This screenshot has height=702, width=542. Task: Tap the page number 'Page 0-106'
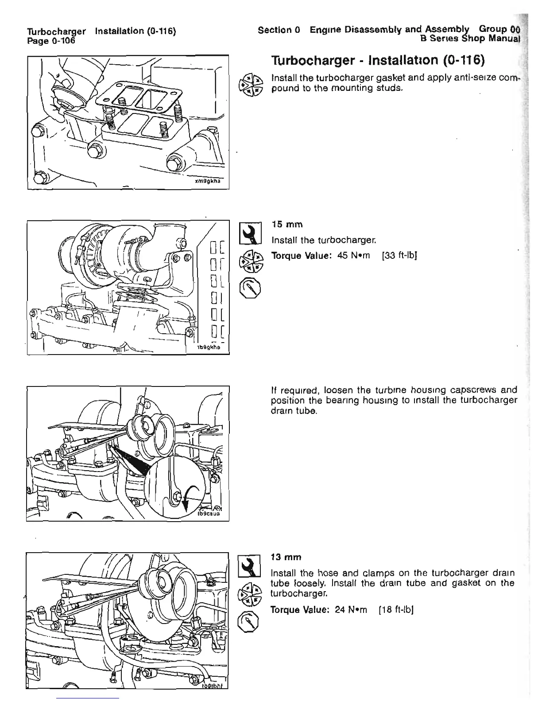click(51, 40)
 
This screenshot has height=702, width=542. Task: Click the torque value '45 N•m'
click(352, 256)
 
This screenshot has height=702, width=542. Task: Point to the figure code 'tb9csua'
click(211, 515)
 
